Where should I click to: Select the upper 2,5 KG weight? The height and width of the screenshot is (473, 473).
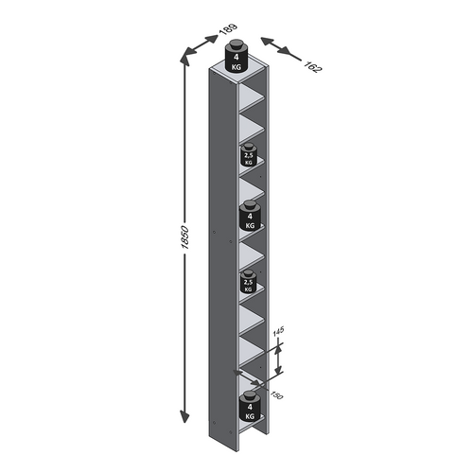point(249,155)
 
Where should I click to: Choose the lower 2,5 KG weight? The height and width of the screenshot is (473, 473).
point(249,281)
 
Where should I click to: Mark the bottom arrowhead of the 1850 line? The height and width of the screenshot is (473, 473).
point(184,417)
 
